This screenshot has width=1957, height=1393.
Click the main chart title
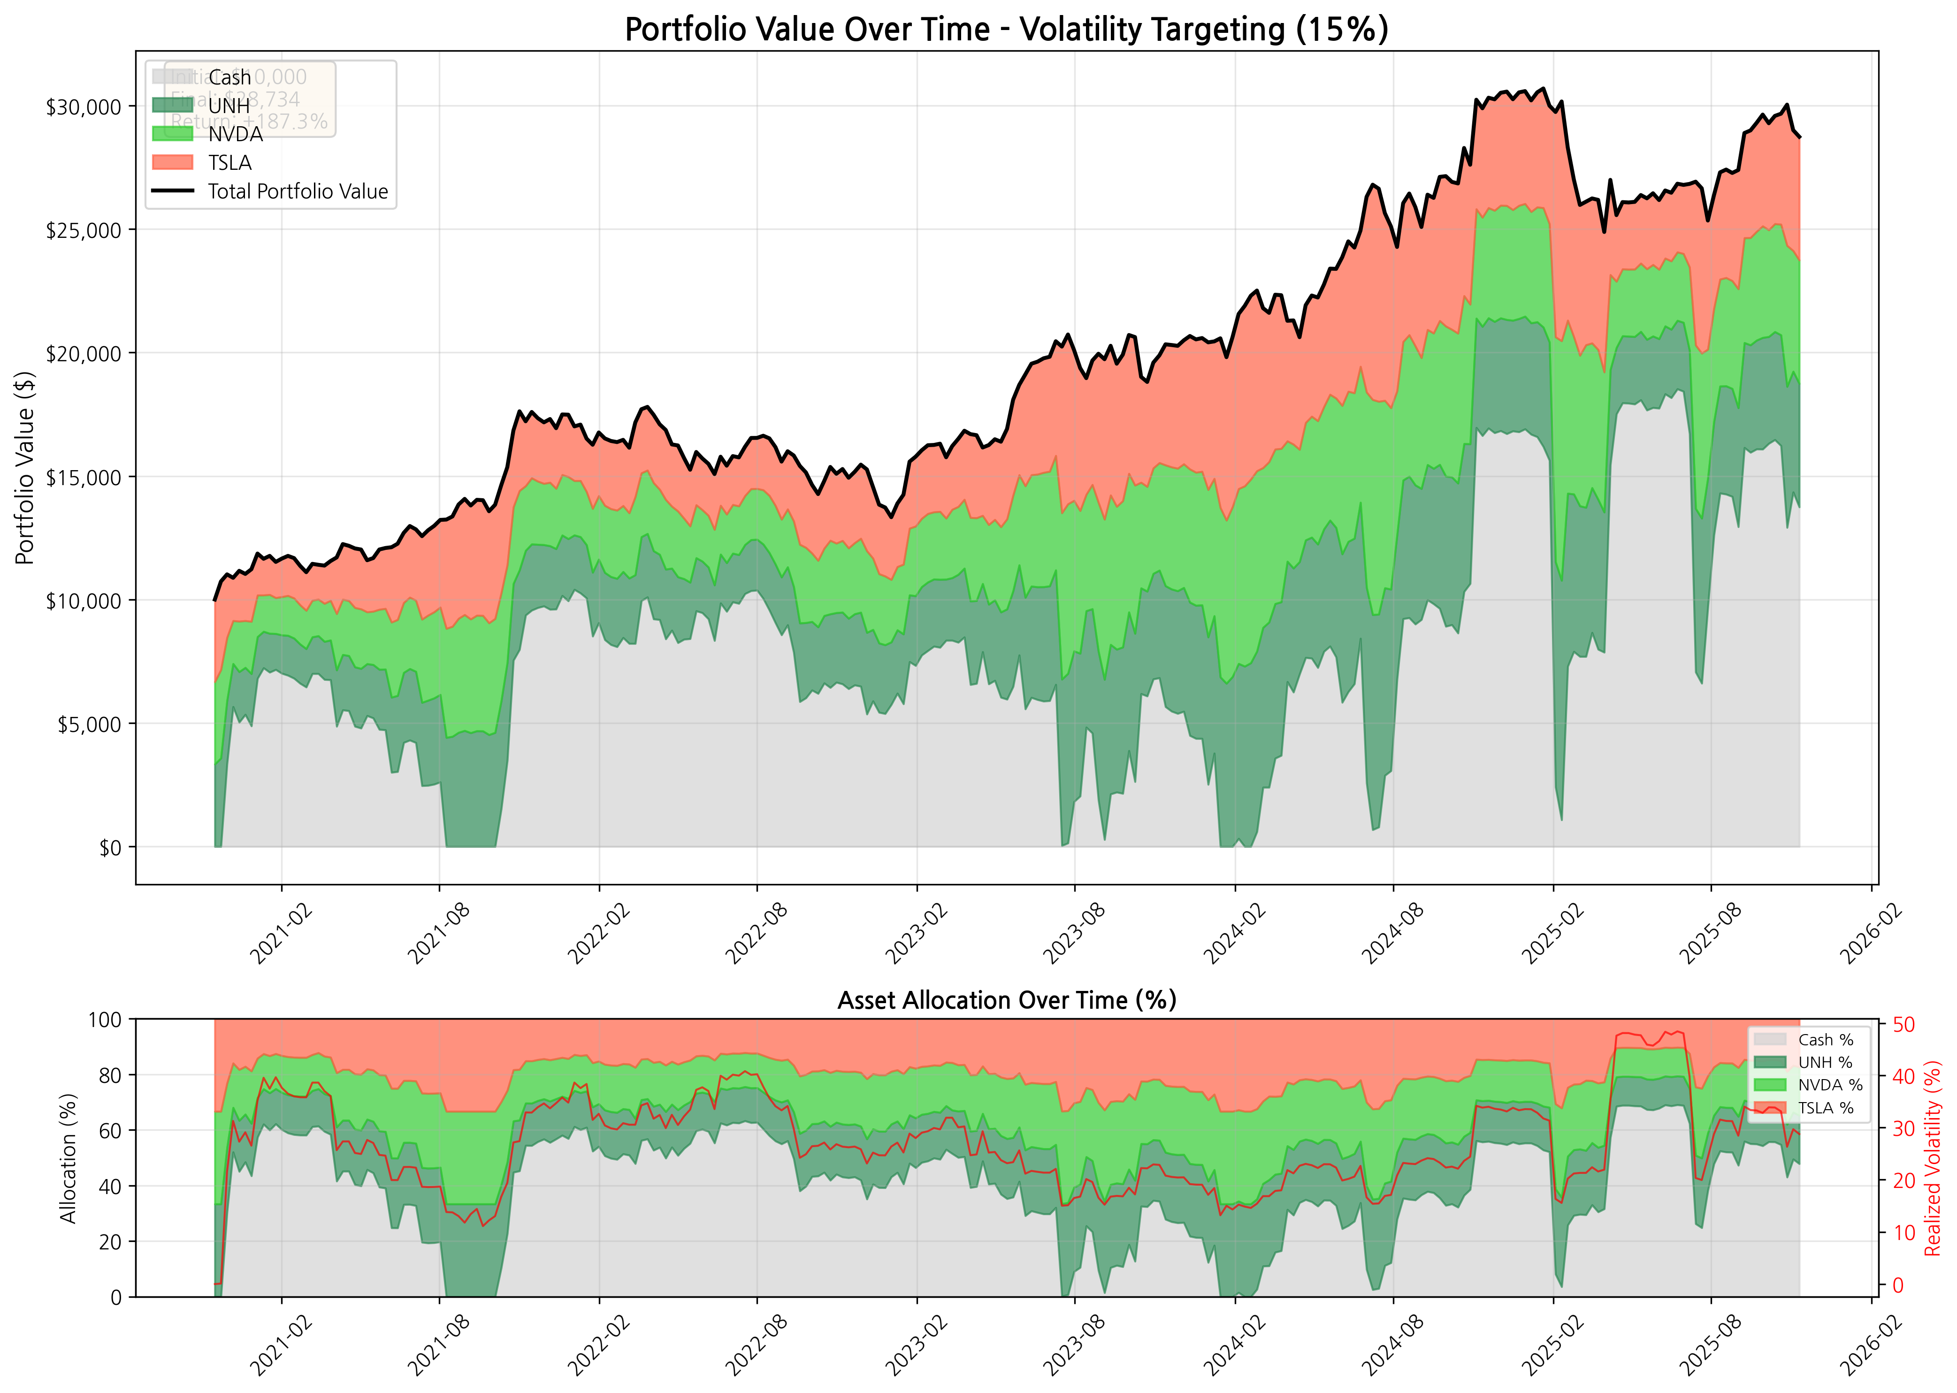1006,29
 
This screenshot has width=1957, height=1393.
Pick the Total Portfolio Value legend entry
297,191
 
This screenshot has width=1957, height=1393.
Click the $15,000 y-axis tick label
83,477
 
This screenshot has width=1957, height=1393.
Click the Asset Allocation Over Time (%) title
1006,1000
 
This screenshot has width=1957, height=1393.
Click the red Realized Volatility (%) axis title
1932,1158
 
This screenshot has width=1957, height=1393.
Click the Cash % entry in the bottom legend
1825,1040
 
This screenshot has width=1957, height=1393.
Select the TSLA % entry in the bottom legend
1825,1108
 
